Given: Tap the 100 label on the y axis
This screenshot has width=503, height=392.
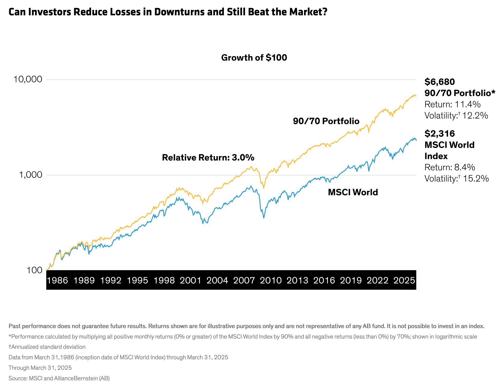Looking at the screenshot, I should (35, 270).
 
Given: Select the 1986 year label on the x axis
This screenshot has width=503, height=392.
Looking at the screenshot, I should (57, 280).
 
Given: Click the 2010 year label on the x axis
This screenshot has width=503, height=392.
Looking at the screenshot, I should (271, 280).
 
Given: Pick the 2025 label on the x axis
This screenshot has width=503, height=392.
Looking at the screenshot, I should (404, 280).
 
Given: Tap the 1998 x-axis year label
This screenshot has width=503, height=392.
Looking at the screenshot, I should (164, 280).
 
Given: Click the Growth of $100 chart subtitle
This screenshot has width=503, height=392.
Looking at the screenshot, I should (254, 58).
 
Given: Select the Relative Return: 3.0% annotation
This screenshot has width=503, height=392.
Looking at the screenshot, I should (208, 158).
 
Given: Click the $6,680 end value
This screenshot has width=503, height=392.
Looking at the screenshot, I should (440, 82).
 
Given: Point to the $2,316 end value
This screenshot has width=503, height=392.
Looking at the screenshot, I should (440, 134).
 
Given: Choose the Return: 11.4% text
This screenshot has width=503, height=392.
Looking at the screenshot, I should (453, 104).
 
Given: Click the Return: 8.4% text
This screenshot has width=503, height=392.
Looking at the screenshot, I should (450, 167).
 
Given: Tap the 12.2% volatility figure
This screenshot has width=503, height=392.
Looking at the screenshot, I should (475, 116).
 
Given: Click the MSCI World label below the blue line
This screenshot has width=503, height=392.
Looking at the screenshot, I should (353, 192).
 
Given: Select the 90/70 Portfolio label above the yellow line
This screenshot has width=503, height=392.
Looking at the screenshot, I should (326, 121).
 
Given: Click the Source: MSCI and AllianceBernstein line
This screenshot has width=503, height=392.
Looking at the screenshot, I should (59, 378).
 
